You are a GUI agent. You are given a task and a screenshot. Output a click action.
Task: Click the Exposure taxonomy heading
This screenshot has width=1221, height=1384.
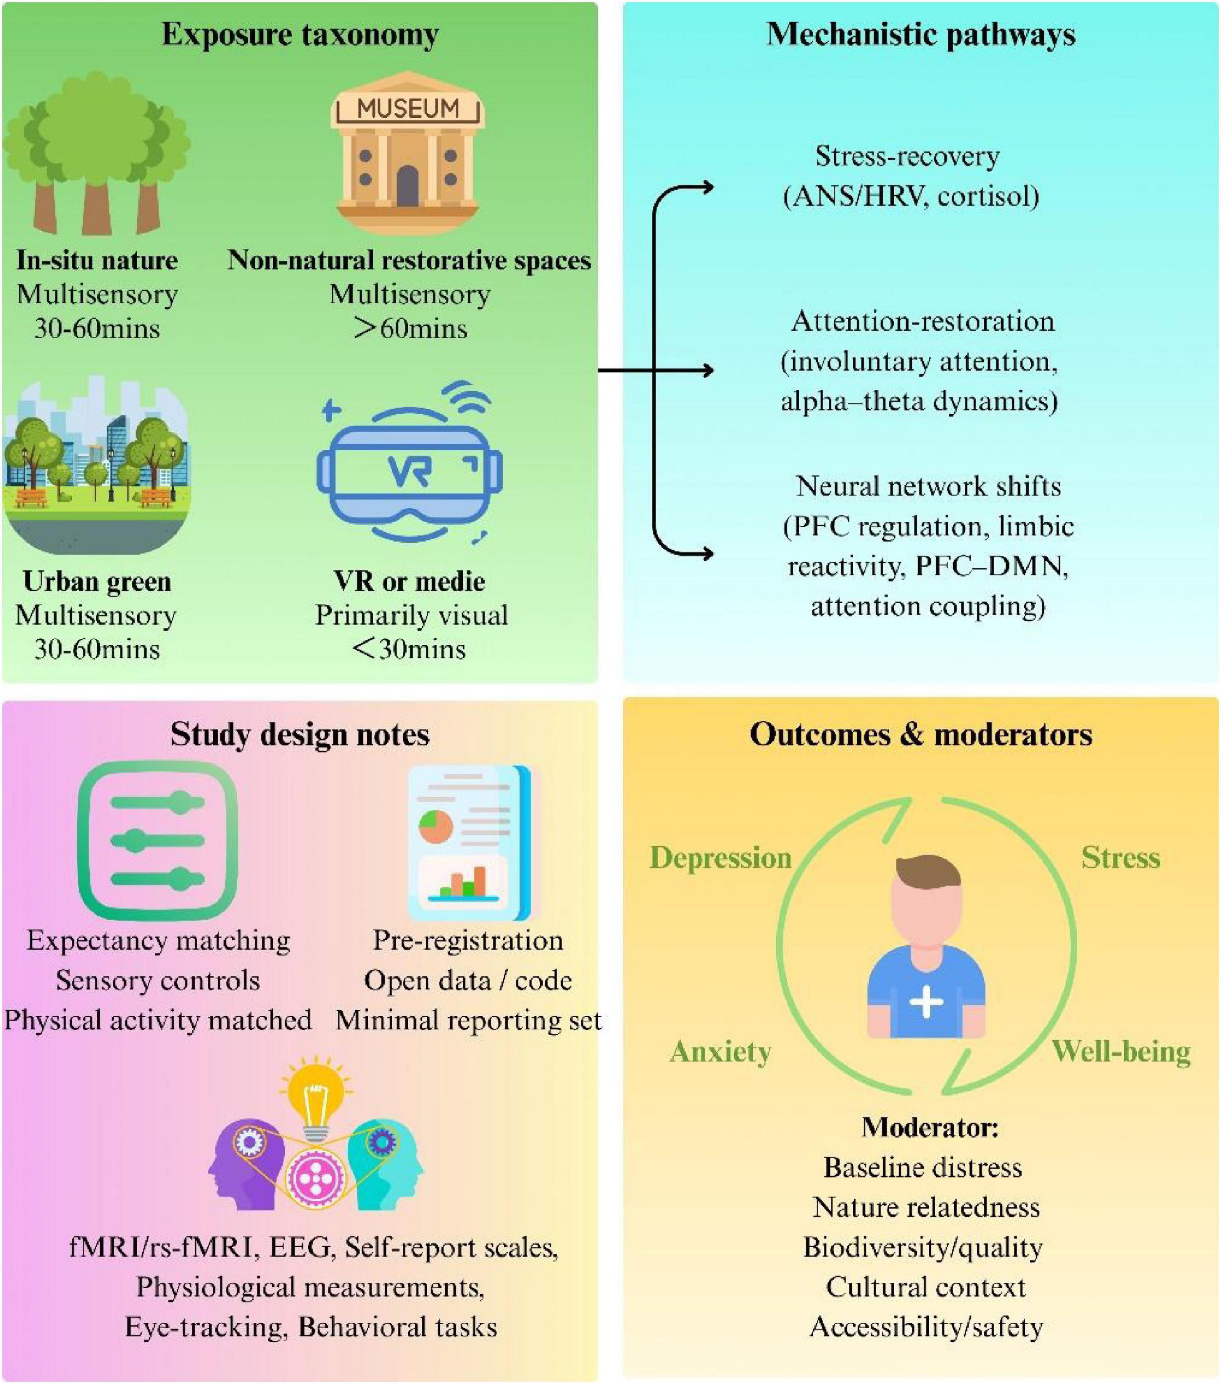pyautogui.click(x=300, y=34)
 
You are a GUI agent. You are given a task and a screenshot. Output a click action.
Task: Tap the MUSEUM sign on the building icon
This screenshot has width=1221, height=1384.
pyautogui.click(x=408, y=108)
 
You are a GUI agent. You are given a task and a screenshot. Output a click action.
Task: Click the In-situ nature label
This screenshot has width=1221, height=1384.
pyautogui.click(x=97, y=260)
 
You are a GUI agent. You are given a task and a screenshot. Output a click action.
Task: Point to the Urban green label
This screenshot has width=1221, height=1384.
pyautogui.click(x=97, y=581)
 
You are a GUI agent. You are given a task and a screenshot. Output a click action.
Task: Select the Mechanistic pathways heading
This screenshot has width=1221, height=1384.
pyautogui.click(x=920, y=34)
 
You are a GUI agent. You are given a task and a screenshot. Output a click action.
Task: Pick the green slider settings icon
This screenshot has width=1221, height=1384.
pyautogui.click(x=158, y=840)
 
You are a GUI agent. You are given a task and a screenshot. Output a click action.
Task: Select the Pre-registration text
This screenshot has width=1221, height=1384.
pyautogui.click(x=468, y=940)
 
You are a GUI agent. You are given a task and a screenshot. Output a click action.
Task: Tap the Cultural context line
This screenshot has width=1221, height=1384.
pyautogui.click(x=926, y=1286)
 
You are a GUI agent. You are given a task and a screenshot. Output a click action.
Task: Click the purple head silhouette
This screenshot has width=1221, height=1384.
pyautogui.click(x=244, y=1165)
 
